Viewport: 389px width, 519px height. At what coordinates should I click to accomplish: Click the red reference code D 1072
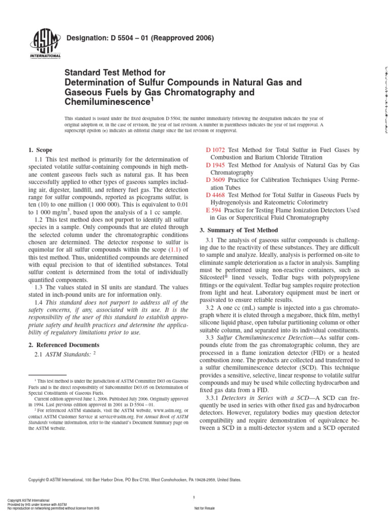pos(215,150)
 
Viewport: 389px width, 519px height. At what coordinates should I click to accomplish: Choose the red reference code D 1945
pos(215,165)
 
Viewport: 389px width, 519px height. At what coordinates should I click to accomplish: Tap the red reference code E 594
pos(214,210)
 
